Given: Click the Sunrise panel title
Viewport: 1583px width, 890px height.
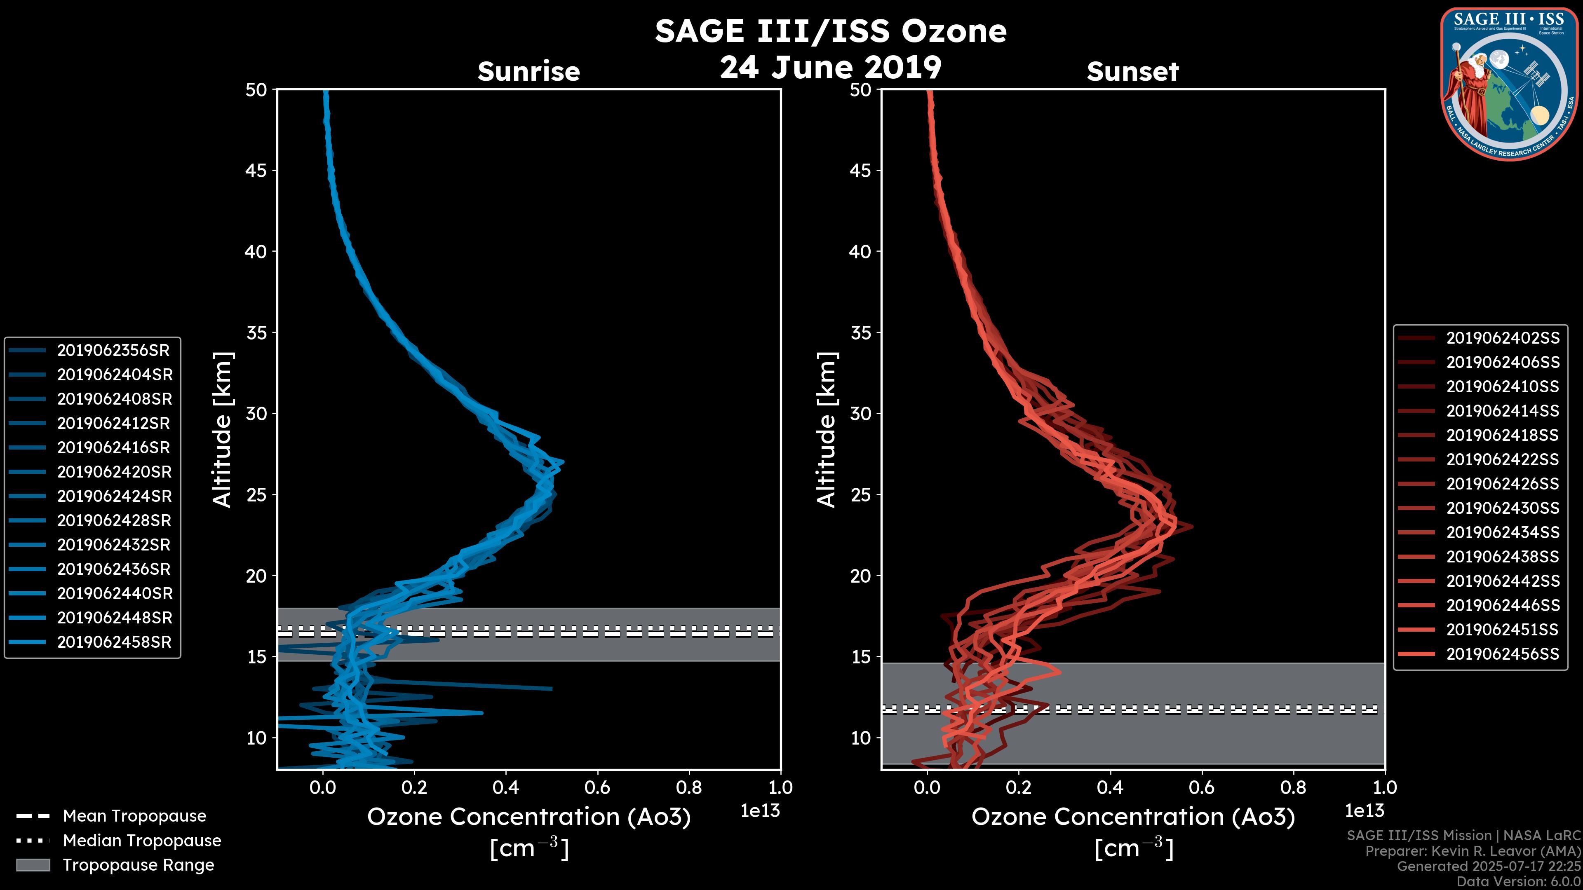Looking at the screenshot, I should (x=528, y=72).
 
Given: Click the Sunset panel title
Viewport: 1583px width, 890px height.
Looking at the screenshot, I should (x=1132, y=72).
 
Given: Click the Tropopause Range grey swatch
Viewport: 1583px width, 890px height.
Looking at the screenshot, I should (x=33, y=865).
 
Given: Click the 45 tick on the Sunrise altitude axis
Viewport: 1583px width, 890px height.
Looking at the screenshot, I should (x=256, y=170).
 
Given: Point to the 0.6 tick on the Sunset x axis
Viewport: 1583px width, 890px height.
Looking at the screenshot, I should (x=1201, y=787).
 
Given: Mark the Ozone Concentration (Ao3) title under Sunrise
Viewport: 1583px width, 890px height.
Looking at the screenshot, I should (x=528, y=817).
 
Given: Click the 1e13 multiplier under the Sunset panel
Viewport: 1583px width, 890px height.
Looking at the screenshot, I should (x=1364, y=811).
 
